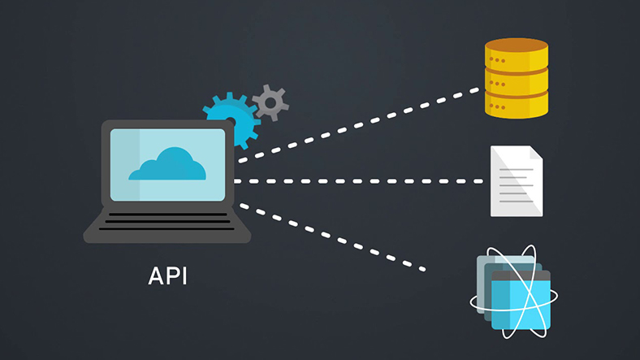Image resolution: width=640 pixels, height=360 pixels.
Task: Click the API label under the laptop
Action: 167,275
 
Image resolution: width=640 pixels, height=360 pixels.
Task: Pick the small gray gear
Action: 270,102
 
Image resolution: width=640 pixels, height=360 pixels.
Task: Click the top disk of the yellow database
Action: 515,57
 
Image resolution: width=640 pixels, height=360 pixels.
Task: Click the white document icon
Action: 516,182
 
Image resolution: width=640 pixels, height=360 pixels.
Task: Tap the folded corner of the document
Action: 535,154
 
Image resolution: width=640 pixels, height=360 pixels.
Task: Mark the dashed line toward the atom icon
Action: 333,236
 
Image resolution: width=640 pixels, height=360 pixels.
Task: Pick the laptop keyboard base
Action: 167,223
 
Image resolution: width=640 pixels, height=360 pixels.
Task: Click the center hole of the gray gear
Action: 270,102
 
